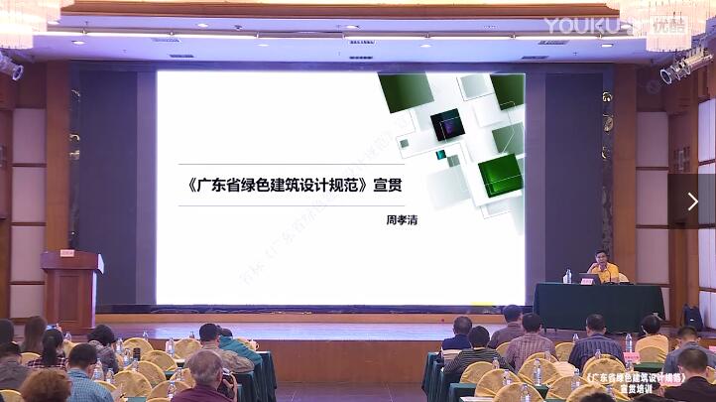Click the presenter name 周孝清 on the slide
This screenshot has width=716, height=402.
[401, 218]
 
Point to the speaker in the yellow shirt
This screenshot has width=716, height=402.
[601, 267]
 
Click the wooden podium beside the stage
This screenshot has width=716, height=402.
[71, 289]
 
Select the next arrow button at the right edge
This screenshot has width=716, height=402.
[692, 201]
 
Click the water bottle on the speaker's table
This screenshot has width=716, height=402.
[567, 276]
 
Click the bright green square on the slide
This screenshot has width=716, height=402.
[500, 175]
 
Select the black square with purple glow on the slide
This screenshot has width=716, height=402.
[447, 124]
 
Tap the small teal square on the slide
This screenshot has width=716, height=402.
[441, 155]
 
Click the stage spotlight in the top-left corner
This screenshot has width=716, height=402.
[11, 67]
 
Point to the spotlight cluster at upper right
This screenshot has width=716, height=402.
[685, 66]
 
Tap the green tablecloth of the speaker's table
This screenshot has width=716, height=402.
[595, 307]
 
